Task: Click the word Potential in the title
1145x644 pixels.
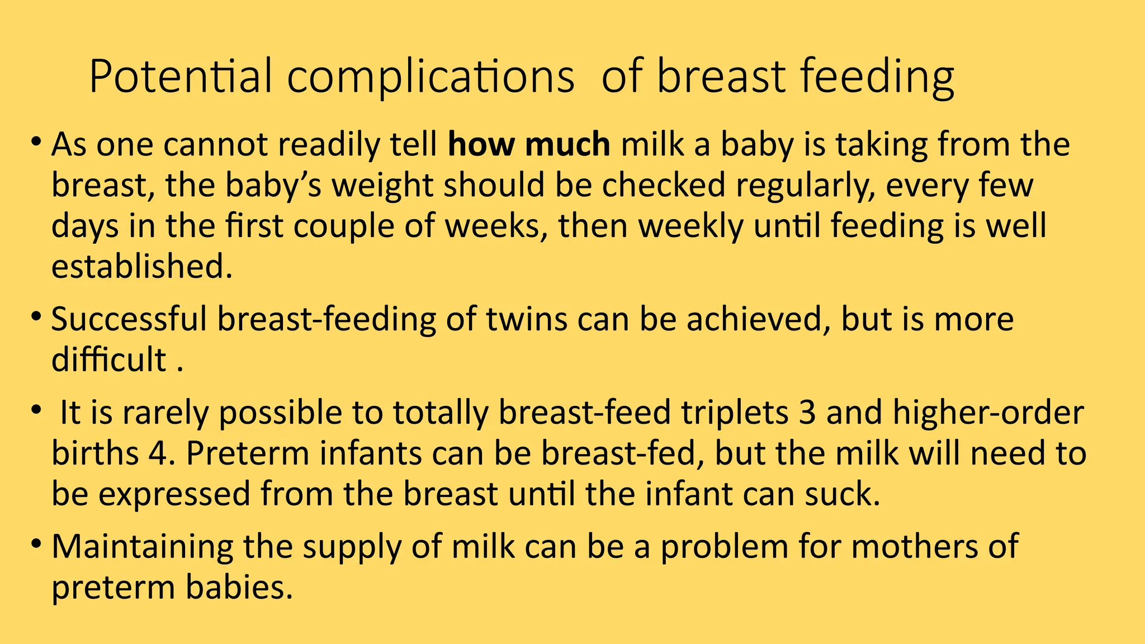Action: pyautogui.click(x=180, y=77)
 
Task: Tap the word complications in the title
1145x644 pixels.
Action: pyautogui.click(x=430, y=77)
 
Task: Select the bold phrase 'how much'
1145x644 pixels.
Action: pyautogui.click(x=529, y=145)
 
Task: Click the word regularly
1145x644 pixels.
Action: pyautogui.click(x=805, y=186)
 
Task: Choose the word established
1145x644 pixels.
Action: pyautogui.click(x=141, y=267)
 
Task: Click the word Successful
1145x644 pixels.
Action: pyautogui.click(x=129, y=320)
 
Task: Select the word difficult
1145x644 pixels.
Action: pyautogui.click(x=108, y=359)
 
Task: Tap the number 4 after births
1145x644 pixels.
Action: pyautogui.click(x=157, y=453)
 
